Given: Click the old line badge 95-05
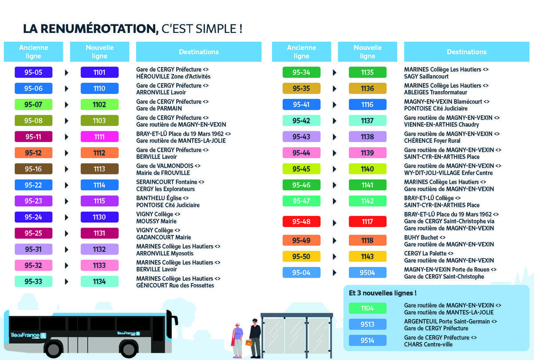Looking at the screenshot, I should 33,72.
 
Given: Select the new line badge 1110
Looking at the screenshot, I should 100,88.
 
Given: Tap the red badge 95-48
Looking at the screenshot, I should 301,221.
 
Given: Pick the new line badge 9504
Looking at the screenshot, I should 368,272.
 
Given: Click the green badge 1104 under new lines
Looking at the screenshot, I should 368,308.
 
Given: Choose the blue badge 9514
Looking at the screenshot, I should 368,341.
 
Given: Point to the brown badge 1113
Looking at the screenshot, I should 100,169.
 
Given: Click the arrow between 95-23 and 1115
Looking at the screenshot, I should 67,201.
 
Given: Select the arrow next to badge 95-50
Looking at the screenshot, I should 335,256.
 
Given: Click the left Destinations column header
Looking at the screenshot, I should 198,52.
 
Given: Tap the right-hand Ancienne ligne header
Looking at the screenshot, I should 301,52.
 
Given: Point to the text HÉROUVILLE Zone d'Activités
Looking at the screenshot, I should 173,77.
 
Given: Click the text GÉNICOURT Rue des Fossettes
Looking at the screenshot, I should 175,285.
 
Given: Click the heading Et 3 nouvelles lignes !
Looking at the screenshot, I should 383,293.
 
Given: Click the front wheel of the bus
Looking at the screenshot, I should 53,350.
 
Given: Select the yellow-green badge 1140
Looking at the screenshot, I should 368,169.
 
